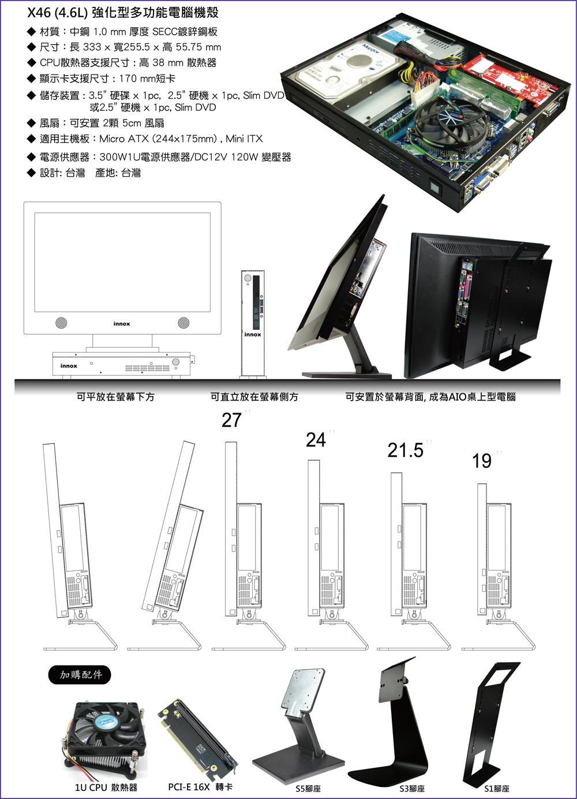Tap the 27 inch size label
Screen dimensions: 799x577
232,420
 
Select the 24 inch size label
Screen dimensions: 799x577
316,440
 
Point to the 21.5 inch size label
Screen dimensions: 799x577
406,450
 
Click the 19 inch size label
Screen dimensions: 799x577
482,461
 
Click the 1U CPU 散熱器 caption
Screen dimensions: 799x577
106,787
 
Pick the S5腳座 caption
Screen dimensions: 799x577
308,788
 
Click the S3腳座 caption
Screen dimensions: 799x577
412,788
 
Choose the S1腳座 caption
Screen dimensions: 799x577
497,788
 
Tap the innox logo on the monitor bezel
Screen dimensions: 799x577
122,324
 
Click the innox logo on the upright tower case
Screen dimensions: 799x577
252,334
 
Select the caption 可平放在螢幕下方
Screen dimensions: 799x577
115,397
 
